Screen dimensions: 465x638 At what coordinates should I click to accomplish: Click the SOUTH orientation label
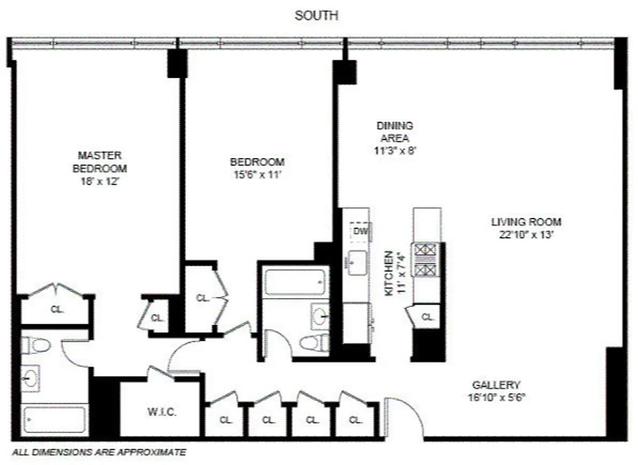[x=317, y=16]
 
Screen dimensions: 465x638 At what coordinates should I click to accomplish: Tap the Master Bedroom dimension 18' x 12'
[x=99, y=181]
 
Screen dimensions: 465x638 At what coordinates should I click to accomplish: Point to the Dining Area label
[x=395, y=132]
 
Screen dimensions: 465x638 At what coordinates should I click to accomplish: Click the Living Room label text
[x=526, y=221]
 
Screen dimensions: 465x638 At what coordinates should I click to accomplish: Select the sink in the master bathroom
[x=30, y=378]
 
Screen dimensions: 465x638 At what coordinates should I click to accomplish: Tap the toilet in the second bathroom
[x=310, y=342]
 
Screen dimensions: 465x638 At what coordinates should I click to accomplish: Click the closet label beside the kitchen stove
[x=428, y=317]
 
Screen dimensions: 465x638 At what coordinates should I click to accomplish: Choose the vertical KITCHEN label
[x=389, y=273]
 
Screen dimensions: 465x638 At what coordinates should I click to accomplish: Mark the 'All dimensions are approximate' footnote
[x=99, y=452]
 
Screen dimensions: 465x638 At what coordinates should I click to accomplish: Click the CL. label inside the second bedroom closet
[x=202, y=298]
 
